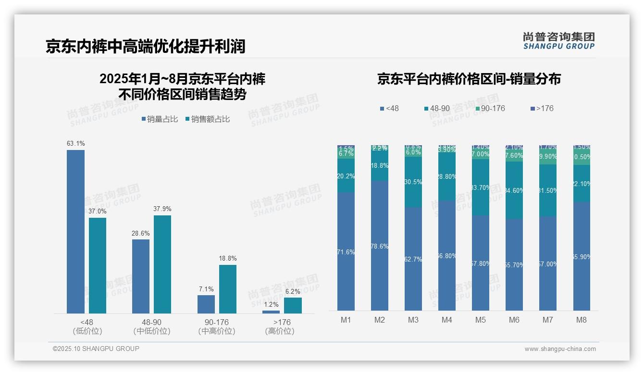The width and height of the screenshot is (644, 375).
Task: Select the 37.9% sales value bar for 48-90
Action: tap(162, 264)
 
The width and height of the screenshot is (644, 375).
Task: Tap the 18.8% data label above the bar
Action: tap(228, 259)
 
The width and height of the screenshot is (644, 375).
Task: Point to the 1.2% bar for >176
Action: tap(271, 312)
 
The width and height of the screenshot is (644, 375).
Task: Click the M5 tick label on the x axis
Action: tap(481, 320)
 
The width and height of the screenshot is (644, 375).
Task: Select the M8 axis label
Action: tap(582, 320)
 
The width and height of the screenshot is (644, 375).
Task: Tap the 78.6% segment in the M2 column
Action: tap(380, 245)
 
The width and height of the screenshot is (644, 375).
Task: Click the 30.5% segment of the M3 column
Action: tap(413, 182)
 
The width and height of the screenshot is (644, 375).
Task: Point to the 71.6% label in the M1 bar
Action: tap(346, 252)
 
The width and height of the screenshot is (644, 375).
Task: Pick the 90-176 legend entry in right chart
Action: tap(490, 109)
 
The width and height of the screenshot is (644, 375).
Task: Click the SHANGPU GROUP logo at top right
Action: tap(558, 41)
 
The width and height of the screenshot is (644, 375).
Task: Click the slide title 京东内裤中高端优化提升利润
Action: tap(146, 46)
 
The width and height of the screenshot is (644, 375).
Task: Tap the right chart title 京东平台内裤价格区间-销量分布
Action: tap(469, 79)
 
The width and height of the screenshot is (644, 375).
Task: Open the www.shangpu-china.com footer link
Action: tap(560, 349)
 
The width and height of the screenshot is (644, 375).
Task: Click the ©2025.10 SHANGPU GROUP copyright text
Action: tap(96, 349)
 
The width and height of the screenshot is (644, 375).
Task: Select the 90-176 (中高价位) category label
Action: tap(216, 326)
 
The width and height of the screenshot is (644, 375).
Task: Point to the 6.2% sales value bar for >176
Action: tap(293, 306)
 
